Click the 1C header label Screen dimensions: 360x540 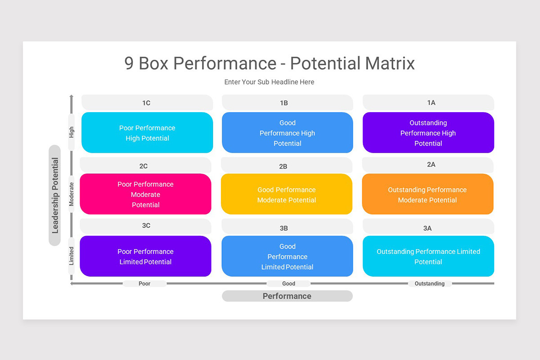coord(147,103)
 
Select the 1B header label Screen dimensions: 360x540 coord(284,103)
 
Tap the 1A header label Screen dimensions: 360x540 coord(431,103)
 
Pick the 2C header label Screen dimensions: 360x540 coord(144,166)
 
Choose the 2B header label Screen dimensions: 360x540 coord(283,166)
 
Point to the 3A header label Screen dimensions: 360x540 coord(427,228)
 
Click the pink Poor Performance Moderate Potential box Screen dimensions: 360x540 coord(145,194)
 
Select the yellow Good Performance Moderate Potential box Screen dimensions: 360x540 coord(287,194)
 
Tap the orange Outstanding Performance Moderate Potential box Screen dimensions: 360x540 coord(427,194)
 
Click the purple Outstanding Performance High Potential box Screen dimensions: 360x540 coord(428,133)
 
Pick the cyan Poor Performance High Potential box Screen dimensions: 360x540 coord(147,133)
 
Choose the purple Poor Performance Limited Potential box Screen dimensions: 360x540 coord(145,256)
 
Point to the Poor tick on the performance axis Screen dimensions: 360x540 coord(144,283)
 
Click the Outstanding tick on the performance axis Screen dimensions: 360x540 coord(429,283)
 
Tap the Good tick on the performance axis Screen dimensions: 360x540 coord(288,283)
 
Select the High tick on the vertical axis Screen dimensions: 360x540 coord(72,132)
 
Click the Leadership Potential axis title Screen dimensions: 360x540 coord(55,195)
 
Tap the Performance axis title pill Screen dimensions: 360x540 coord(287,296)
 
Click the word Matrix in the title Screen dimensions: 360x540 coord(390,63)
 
